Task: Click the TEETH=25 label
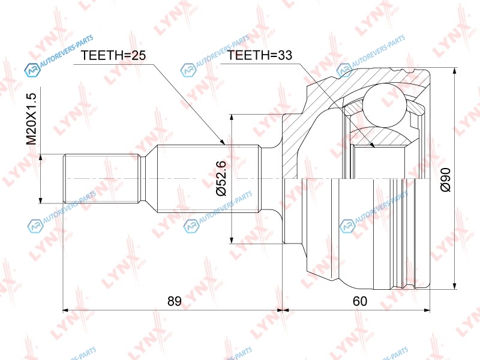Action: [x=113, y=55]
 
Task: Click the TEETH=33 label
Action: [x=260, y=55]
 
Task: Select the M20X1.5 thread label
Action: [x=31, y=119]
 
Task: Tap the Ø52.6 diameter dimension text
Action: [x=221, y=178]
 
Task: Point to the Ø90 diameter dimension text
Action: [x=445, y=179]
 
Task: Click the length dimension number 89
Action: [x=174, y=301]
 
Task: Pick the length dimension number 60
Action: [x=359, y=301]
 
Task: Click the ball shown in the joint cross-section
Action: [x=385, y=106]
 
